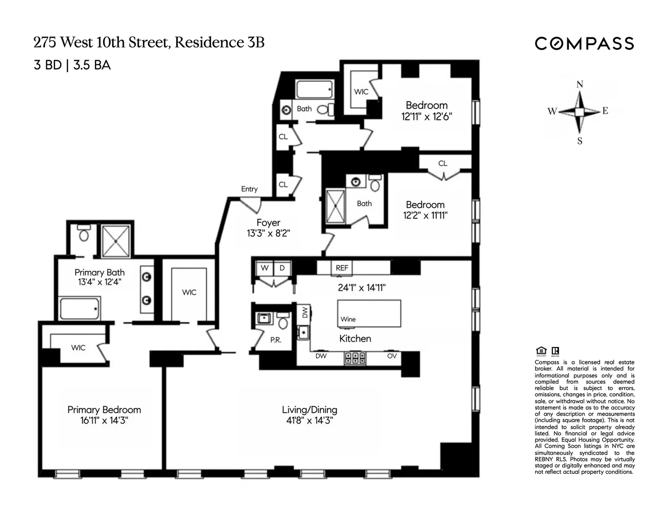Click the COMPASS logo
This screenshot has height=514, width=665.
[584, 43]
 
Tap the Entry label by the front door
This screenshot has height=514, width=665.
[249, 189]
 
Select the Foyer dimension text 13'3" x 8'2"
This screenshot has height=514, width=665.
[268, 233]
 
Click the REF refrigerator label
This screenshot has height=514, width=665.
[342, 268]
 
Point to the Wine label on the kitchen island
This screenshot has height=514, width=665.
[348, 319]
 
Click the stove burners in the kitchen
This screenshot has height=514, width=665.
[354, 358]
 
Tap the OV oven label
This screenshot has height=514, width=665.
[392, 356]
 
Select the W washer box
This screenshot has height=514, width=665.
[265, 268]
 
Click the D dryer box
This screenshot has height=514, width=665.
[282, 268]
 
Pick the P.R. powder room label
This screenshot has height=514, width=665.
[275, 340]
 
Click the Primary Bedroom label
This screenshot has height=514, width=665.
[104, 410]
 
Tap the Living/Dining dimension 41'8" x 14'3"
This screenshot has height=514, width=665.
[309, 420]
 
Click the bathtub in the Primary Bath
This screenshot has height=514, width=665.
[80, 308]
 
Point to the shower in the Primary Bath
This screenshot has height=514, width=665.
[116, 241]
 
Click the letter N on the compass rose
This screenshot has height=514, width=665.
[580, 85]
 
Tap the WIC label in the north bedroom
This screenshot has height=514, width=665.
[361, 91]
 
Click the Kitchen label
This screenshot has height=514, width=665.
[355, 339]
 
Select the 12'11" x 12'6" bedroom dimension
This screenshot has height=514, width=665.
[427, 117]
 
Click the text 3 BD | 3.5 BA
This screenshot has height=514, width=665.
[72, 65]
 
